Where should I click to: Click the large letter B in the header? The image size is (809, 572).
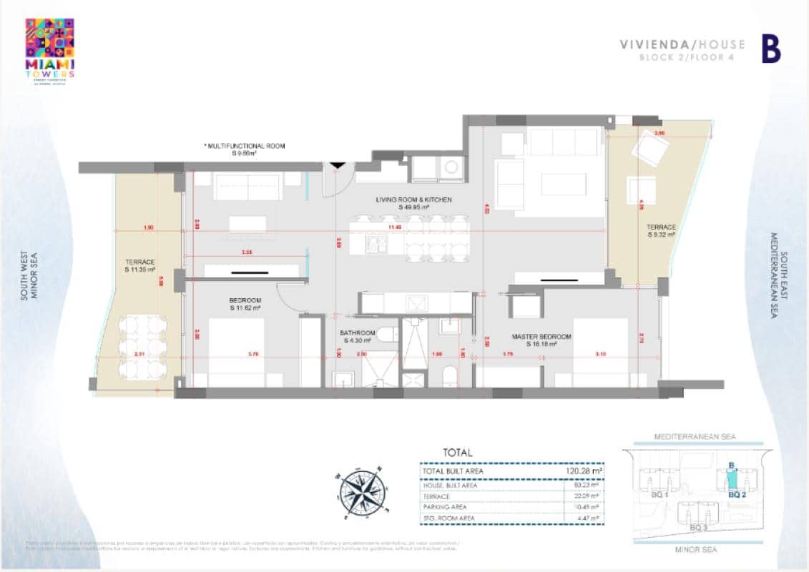pyautogui.click(x=770, y=49)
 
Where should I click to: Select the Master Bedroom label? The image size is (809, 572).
pyautogui.click(x=541, y=340)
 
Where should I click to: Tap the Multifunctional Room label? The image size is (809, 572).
pyautogui.click(x=245, y=149)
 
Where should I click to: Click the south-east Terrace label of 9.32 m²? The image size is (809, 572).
pyautogui.click(x=661, y=230)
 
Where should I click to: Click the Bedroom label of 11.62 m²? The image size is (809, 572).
pyautogui.click(x=245, y=304)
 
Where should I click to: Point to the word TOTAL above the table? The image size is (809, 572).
pyautogui.click(x=458, y=453)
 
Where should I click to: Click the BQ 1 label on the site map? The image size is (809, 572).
pyautogui.click(x=660, y=493)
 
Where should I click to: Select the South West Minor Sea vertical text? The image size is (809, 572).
pyautogui.click(x=29, y=275)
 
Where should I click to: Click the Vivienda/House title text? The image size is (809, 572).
pyautogui.click(x=682, y=44)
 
